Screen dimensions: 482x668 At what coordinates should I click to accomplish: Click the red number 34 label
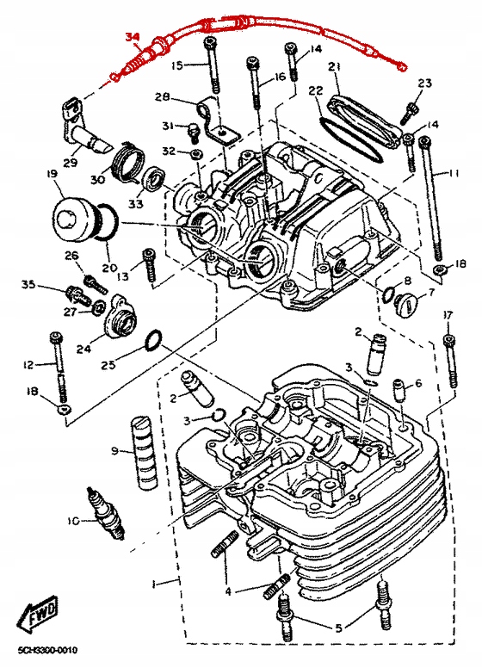(132, 38)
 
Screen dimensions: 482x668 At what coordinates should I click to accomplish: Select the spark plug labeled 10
(106, 513)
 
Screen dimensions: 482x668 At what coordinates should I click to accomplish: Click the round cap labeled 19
(76, 218)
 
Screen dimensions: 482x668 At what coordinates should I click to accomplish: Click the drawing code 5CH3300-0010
(47, 651)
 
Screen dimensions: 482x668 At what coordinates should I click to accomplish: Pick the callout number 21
(336, 67)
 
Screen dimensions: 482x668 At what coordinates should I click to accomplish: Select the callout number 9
(114, 451)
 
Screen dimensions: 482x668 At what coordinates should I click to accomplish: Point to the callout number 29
(71, 163)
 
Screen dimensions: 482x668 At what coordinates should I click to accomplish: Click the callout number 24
(84, 349)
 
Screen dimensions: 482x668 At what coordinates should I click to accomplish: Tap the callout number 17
(447, 316)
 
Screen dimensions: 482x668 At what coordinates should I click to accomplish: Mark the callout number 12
(28, 365)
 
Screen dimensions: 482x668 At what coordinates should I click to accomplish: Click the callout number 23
(424, 83)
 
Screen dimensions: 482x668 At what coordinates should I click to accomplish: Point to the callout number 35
(28, 285)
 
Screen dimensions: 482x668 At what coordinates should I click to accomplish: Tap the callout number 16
(280, 77)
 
